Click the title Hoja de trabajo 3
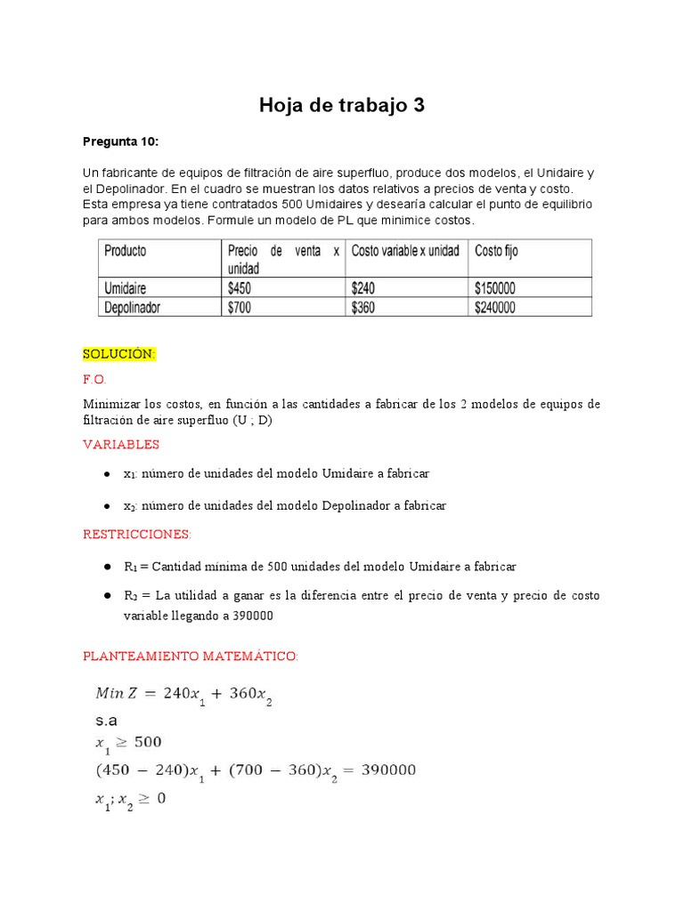tap(342, 106)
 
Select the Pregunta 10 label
tap(120, 141)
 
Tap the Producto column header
tap(126, 251)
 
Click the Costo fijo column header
tap(496, 251)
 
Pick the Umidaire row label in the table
tap(126, 288)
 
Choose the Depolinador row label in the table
tap(134, 307)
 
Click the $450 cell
tap(242, 288)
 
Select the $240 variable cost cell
tap(365, 288)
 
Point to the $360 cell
tap(365, 307)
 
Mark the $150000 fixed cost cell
tap(495, 288)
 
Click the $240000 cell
tap(495, 307)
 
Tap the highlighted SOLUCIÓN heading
tap(119, 354)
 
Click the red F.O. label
tap(94, 379)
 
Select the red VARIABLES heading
tap(121, 444)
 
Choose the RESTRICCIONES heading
tap(136, 535)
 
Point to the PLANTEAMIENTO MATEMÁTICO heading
tap(191, 657)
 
